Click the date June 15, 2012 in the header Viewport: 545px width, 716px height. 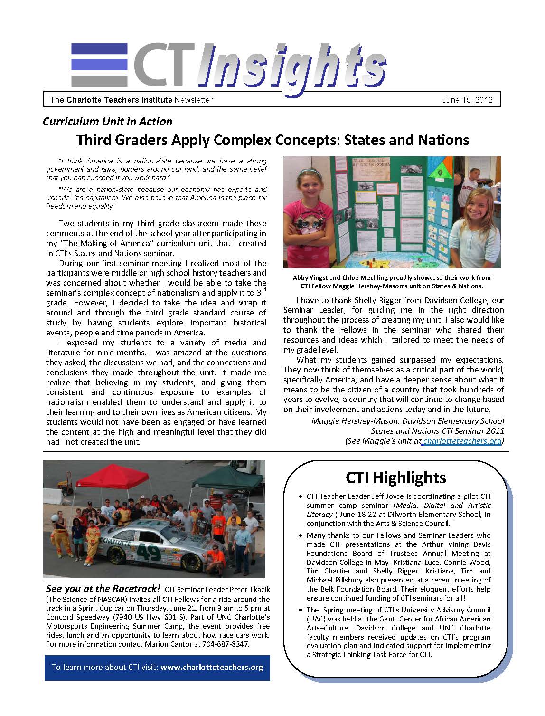pyautogui.click(x=467, y=100)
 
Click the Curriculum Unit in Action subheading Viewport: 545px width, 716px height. pyautogui.click(x=107, y=122)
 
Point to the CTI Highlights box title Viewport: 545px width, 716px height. pyautogui.click(x=395, y=477)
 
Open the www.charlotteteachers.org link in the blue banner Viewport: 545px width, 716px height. pyautogui.click(x=212, y=667)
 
